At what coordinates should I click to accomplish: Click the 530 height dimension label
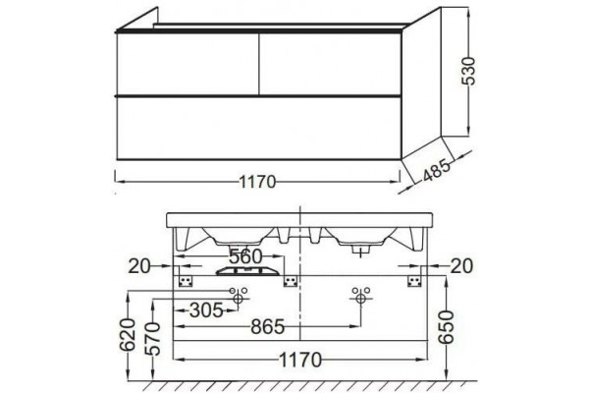click(469, 72)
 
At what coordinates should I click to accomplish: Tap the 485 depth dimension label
click(436, 170)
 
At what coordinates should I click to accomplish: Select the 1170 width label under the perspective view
click(257, 183)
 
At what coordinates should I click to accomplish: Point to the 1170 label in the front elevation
click(300, 361)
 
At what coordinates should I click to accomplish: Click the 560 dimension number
click(245, 256)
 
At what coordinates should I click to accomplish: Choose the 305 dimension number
click(206, 310)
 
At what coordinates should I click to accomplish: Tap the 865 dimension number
click(268, 327)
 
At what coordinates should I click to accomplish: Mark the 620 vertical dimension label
click(128, 335)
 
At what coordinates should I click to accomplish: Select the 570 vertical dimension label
click(153, 338)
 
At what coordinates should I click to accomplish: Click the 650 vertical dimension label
click(447, 327)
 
